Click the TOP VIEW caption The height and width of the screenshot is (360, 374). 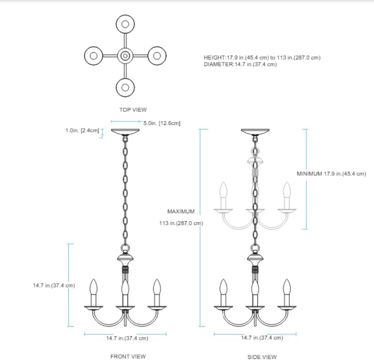pyautogui.click(x=133, y=110)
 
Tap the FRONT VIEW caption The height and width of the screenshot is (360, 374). pyautogui.click(x=128, y=356)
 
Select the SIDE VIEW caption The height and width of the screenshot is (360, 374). pyautogui.click(x=262, y=357)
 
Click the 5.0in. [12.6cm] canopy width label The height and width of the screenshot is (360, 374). pyautogui.click(x=162, y=123)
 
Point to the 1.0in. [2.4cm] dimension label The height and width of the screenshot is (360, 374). pyautogui.click(x=82, y=130)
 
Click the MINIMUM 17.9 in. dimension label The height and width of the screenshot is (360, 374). pyautogui.click(x=331, y=174)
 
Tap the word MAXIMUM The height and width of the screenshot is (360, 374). pyautogui.click(x=181, y=212)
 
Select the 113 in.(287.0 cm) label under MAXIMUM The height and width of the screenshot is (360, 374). pyautogui.click(x=181, y=224)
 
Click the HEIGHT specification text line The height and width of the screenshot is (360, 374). pyautogui.click(x=262, y=58)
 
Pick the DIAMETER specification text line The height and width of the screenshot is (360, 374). pyautogui.click(x=240, y=64)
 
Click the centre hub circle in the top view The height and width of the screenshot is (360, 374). pyautogui.click(x=125, y=56)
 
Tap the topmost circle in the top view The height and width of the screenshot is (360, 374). pyautogui.click(x=125, y=24)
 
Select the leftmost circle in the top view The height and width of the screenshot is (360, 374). pyautogui.click(x=94, y=56)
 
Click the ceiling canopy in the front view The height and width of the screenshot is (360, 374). pyautogui.click(x=125, y=132)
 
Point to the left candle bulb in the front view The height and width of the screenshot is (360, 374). pyautogui.click(x=93, y=288)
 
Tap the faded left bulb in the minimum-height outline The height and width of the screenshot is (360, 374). pyautogui.click(x=224, y=191)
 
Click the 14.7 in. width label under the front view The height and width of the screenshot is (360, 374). pyautogui.click(x=127, y=338)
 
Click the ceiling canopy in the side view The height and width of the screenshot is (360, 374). pyautogui.click(x=255, y=132)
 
